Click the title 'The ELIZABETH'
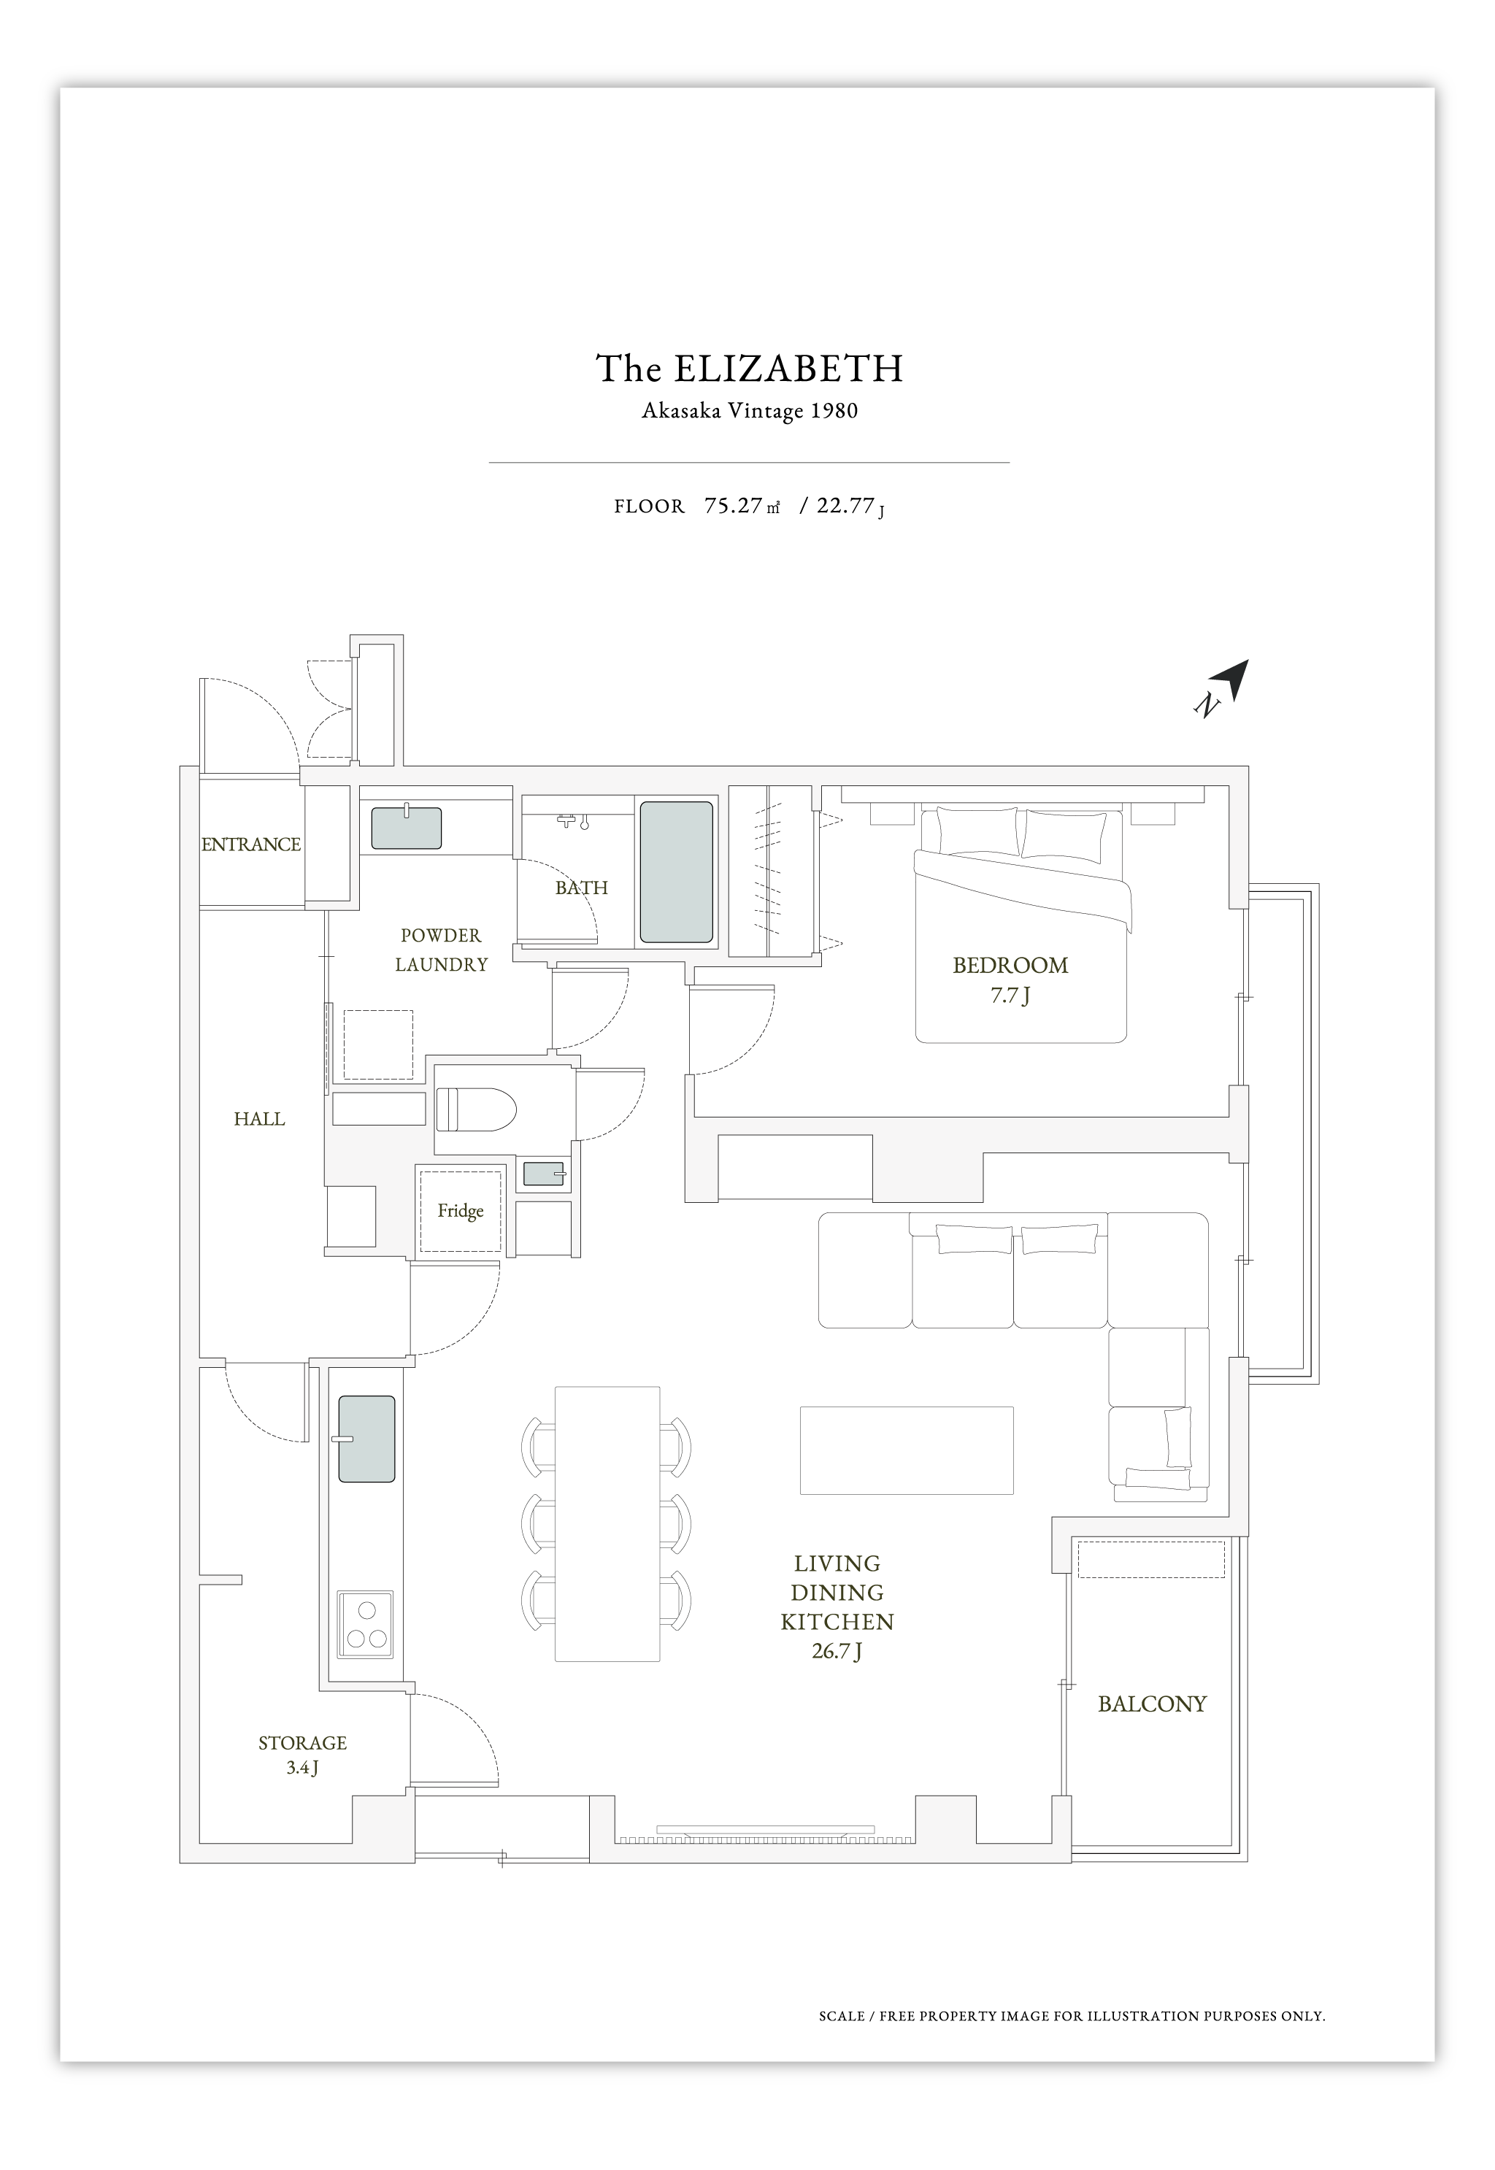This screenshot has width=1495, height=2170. [750, 369]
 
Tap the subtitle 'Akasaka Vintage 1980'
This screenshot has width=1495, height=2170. [750, 410]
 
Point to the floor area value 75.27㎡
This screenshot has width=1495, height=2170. [742, 506]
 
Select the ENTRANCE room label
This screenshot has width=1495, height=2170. [251, 844]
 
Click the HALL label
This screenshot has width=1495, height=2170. [259, 1118]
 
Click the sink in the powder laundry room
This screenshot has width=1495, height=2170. [407, 828]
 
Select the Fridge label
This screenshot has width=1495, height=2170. [461, 1210]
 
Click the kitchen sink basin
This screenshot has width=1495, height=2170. [366, 1439]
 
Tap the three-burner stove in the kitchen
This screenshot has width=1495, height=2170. [365, 1625]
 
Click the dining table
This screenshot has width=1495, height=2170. [607, 1524]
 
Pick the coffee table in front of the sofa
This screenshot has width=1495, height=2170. [907, 1450]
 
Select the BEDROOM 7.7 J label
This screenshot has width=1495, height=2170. [1011, 980]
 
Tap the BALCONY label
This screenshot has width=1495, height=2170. [1152, 1704]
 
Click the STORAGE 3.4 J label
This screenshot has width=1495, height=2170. [302, 1755]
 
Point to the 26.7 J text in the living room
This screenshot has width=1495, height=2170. [837, 1650]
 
